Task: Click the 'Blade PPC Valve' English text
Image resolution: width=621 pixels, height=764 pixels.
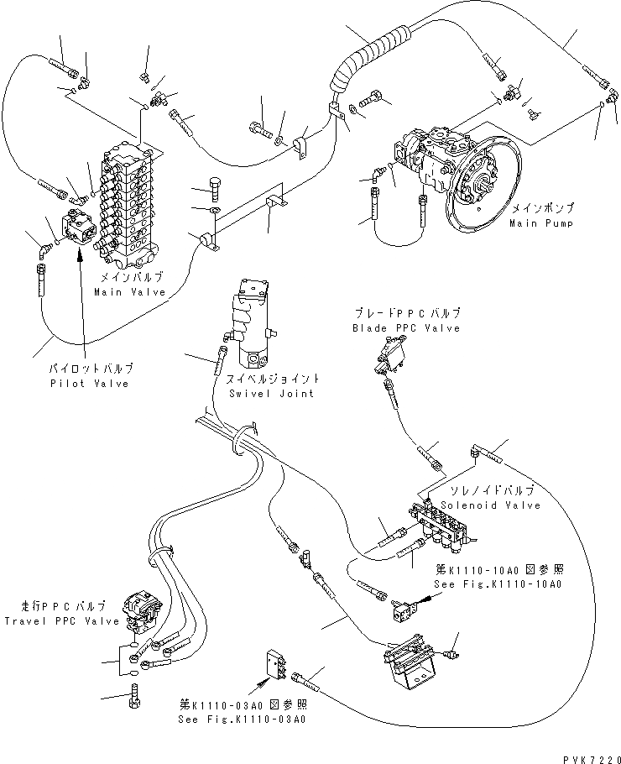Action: [406, 328]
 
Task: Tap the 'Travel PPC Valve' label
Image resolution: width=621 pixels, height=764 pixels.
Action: [55, 621]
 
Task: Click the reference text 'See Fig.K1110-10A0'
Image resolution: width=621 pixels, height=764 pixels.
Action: [498, 584]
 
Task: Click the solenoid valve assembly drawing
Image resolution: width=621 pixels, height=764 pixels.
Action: [441, 526]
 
